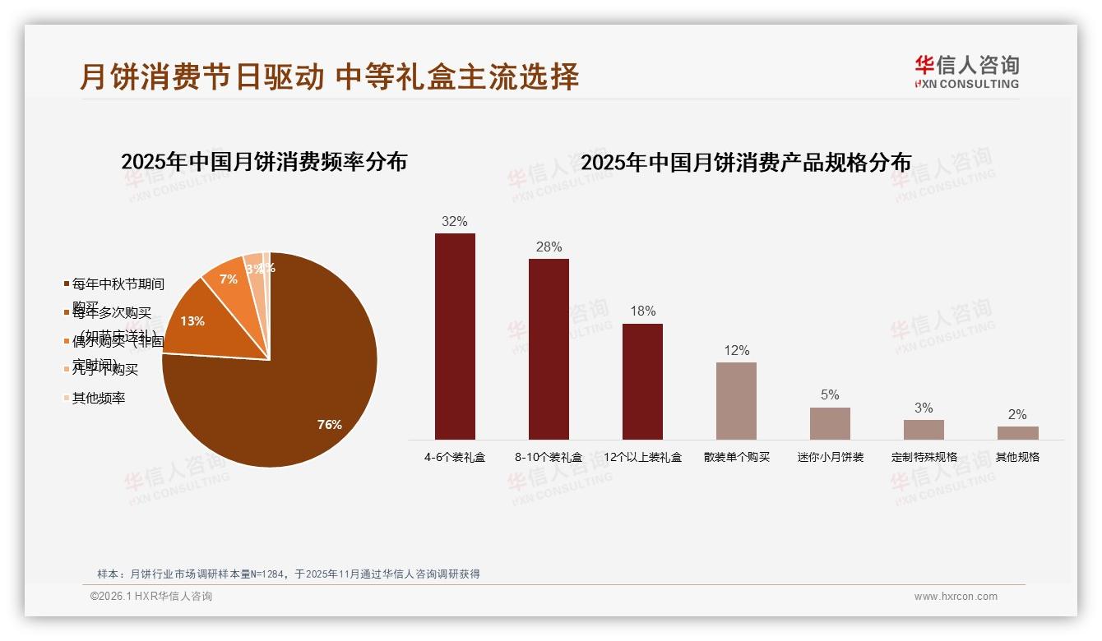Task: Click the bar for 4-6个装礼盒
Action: (455, 336)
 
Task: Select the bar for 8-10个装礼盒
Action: (549, 349)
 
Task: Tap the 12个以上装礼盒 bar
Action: (642, 381)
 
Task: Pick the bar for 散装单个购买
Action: (736, 400)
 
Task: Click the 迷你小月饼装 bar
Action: (830, 423)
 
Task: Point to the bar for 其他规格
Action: (1017, 432)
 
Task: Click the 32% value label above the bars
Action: (455, 221)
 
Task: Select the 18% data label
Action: (642, 311)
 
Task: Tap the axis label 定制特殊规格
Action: (924, 457)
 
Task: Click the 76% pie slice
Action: (296, 386)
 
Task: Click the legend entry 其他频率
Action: (98, 398)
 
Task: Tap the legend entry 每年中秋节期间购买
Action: (118, 284)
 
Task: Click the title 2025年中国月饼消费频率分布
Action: (264, 161)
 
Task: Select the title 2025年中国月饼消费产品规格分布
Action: (746, 162)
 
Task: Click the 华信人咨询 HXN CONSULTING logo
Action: (966, 72)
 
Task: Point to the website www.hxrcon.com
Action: (956, 597)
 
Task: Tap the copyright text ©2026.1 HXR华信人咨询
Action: (151, 597)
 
